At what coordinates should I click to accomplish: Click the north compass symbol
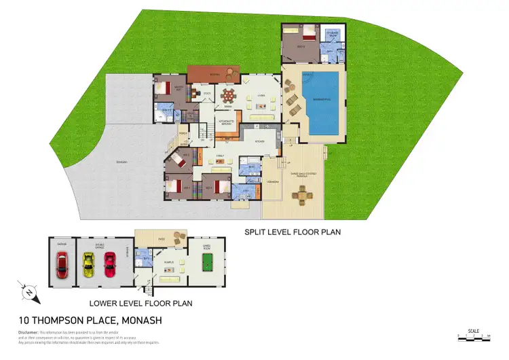coord(30,293)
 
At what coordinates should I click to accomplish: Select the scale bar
coord(474,336)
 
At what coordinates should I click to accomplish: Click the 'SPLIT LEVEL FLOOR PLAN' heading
coord(292,232)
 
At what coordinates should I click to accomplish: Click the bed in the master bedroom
coord(165,88)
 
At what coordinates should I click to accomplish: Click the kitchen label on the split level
coord(259,141)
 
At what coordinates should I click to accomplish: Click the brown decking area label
coord(214,73)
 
